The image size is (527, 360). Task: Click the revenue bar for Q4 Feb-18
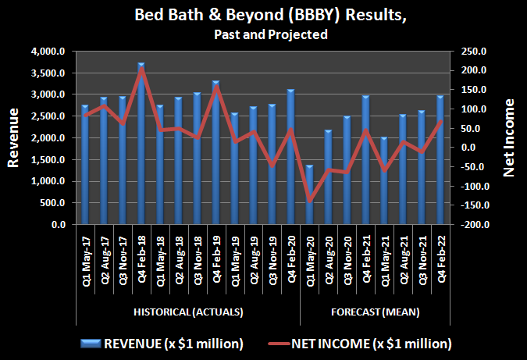[141, 144]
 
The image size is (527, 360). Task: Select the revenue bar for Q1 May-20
[310, 195]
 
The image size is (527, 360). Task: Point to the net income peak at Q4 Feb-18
[141, 70]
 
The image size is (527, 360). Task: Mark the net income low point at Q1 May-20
[310, 201]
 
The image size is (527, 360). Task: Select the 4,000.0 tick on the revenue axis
[52, 52]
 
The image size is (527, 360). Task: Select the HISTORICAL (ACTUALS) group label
[187, 312]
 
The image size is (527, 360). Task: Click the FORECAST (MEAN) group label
[375, 312]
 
